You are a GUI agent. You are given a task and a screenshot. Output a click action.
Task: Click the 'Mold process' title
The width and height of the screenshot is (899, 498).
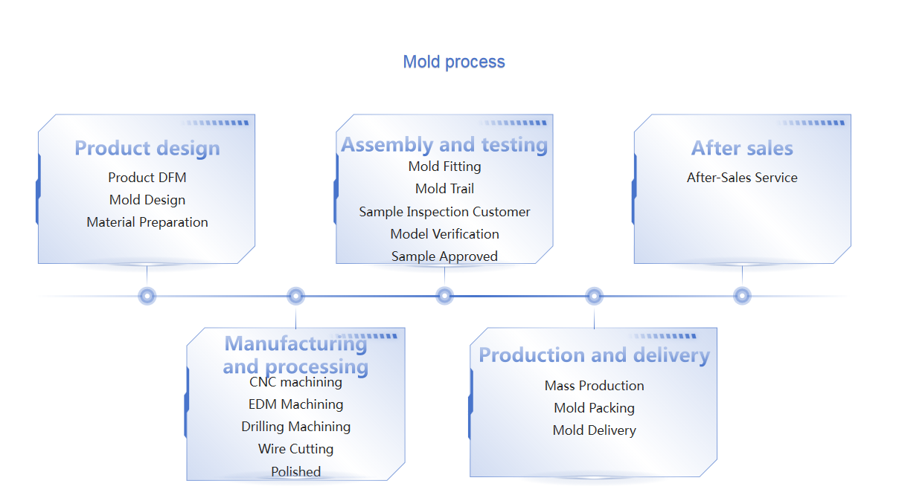pyautogui.click(x=454, y=62)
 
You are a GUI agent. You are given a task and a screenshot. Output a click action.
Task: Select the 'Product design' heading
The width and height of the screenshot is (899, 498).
pyautogui.click(x=147, y=148)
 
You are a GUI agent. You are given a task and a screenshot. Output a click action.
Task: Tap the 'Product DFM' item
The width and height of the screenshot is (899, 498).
pyautogui.click(x=147, y=178)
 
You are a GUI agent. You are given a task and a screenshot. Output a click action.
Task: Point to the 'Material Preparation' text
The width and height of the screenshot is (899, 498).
pyautogui.click(x=147, y=222)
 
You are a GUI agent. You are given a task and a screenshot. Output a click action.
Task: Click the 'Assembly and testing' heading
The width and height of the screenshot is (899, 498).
pyautogui.click(x=444, y=144)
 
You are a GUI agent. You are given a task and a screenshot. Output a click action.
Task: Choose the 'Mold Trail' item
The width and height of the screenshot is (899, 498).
pyautogui.click(x=444, y=189)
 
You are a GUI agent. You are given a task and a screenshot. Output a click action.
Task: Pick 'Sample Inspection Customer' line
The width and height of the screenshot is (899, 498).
pyautogui.click(x=444, y=212)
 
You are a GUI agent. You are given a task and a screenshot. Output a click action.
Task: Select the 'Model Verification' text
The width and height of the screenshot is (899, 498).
pyautogui.click(x=444, y=234)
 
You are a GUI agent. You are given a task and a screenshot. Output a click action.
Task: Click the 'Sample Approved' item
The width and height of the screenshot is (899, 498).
pyautogui.click(x=444, y=256)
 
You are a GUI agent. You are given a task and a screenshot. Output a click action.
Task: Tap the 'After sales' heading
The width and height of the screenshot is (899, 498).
pyautogui.click(x=742, y=148)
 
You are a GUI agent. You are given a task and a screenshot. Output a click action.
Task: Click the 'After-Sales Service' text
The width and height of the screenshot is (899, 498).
pyautogui.click(x=742, y=178)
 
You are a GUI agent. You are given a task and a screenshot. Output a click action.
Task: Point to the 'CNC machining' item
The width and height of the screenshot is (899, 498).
pyautogui.click(x=296, y=382)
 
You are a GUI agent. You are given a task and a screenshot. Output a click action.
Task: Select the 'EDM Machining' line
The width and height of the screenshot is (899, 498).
pyautogui.click(x=296, y=404)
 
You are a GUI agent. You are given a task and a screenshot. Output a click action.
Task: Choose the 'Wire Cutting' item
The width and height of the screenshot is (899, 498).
pyautogui.click(x=296, y=449)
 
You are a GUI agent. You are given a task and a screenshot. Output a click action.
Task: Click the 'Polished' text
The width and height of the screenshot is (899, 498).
pyautogui.click(x=296, y=472)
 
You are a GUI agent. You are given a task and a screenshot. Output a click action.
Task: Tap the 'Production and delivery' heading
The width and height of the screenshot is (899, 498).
pyautogui.click(x=594, y=355)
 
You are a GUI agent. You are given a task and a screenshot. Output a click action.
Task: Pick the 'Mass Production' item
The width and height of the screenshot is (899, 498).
pyautogui.click(x=594, y=386)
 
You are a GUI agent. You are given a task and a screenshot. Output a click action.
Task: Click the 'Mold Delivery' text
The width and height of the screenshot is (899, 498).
pyautogui.click(x=594, y=430)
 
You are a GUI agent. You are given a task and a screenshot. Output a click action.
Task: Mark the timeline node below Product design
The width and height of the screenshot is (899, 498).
pyautogui.click(x=147, y=296)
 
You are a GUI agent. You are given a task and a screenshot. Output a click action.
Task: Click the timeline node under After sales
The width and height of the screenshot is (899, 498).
pyautogui.click(x=742, y=296)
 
